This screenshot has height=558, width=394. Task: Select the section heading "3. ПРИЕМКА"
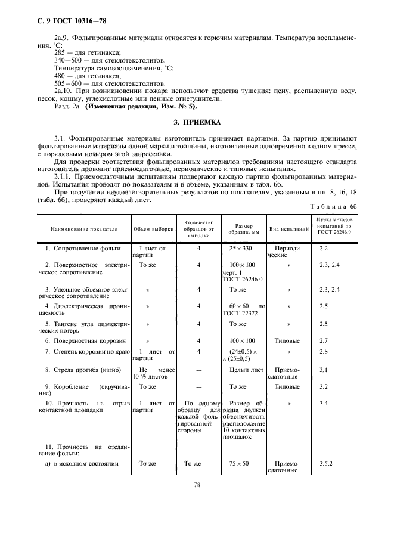(x=197, y=122)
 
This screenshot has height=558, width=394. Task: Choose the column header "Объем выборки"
(x=154, y=228)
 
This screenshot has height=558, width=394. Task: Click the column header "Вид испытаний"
(x=289, y=228)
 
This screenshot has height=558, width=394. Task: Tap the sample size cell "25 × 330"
(x=241, y=247)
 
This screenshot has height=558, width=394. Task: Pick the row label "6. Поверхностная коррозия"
(x=86, y=340)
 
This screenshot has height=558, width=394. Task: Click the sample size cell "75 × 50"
(x=241, y=463)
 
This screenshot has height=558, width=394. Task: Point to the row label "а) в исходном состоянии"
(x=82, y=463)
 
